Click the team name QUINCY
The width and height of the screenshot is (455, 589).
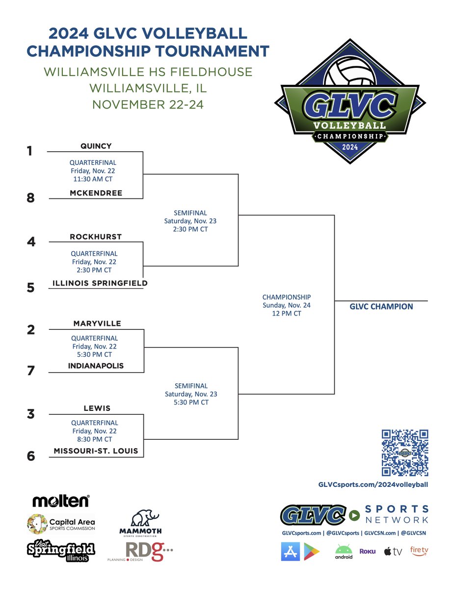(96, 146)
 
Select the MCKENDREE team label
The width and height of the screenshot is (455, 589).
(96, 193)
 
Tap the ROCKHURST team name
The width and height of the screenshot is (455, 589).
(96, 237)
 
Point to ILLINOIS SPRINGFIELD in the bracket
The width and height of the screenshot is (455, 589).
(100, 283)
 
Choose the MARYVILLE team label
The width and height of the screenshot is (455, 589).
(97, 323)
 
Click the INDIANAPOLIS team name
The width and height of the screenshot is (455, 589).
(96, 366)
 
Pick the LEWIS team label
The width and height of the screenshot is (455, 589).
(97, 408)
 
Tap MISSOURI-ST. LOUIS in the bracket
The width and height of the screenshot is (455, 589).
(96, 451)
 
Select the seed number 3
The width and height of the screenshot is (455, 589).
(31, 414)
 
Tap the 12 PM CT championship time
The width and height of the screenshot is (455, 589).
(287, 313)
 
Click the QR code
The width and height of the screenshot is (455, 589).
(405, 453)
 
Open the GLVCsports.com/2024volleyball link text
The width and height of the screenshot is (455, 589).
(373, 484)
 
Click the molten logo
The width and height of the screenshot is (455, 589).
(61, 501)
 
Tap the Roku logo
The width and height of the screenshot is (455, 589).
(368, 551)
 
